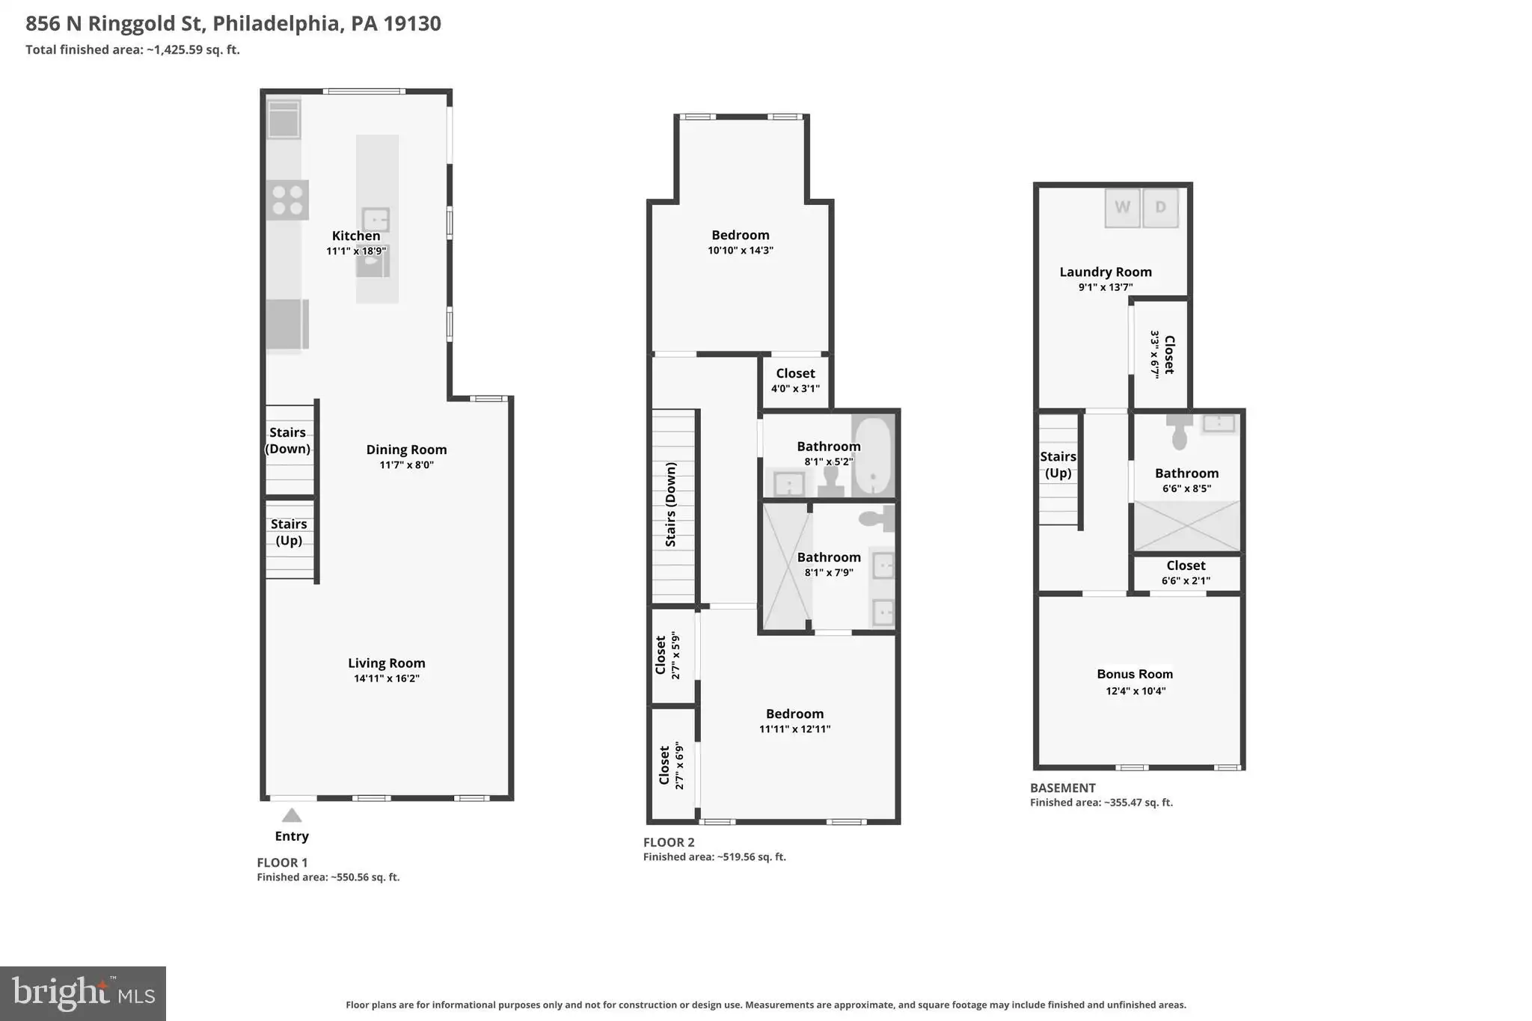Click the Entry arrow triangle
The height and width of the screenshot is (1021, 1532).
292,815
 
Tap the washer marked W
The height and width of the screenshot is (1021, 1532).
1123,207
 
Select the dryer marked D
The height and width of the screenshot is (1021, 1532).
1161,207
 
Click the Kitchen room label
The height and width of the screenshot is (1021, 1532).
356,236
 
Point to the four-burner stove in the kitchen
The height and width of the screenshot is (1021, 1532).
288,200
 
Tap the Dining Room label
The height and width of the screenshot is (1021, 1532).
406,450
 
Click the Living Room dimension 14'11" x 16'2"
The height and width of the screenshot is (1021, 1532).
387,678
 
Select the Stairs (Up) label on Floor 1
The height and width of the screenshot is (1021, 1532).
289,532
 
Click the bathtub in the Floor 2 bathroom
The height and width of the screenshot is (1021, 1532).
873,456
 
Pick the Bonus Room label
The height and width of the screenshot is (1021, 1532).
1135,674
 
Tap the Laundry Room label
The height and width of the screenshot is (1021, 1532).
1106,272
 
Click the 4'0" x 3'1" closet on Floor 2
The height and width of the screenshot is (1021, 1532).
795,381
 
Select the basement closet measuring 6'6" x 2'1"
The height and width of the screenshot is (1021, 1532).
1186,573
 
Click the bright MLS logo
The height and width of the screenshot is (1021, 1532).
83,993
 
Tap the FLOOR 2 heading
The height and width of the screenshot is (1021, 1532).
669,842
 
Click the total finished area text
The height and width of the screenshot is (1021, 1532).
132,50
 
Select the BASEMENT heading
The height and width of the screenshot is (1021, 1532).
1063,788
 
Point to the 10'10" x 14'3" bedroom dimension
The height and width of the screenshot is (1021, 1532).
741,251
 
